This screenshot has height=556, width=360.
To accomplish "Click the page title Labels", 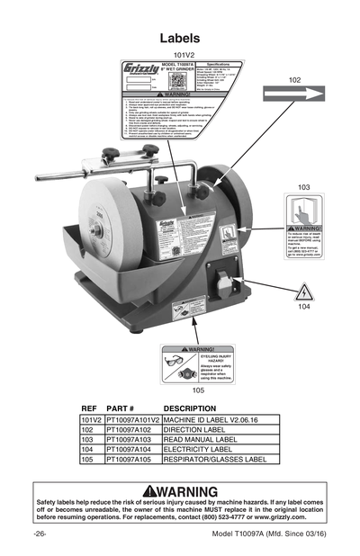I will tap(179, 39).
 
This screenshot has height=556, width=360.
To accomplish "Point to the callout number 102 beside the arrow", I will tap(295, 80).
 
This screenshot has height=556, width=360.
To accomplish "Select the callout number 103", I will tap(303, 187).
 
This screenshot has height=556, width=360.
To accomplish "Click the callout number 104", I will tap(303, 307).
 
